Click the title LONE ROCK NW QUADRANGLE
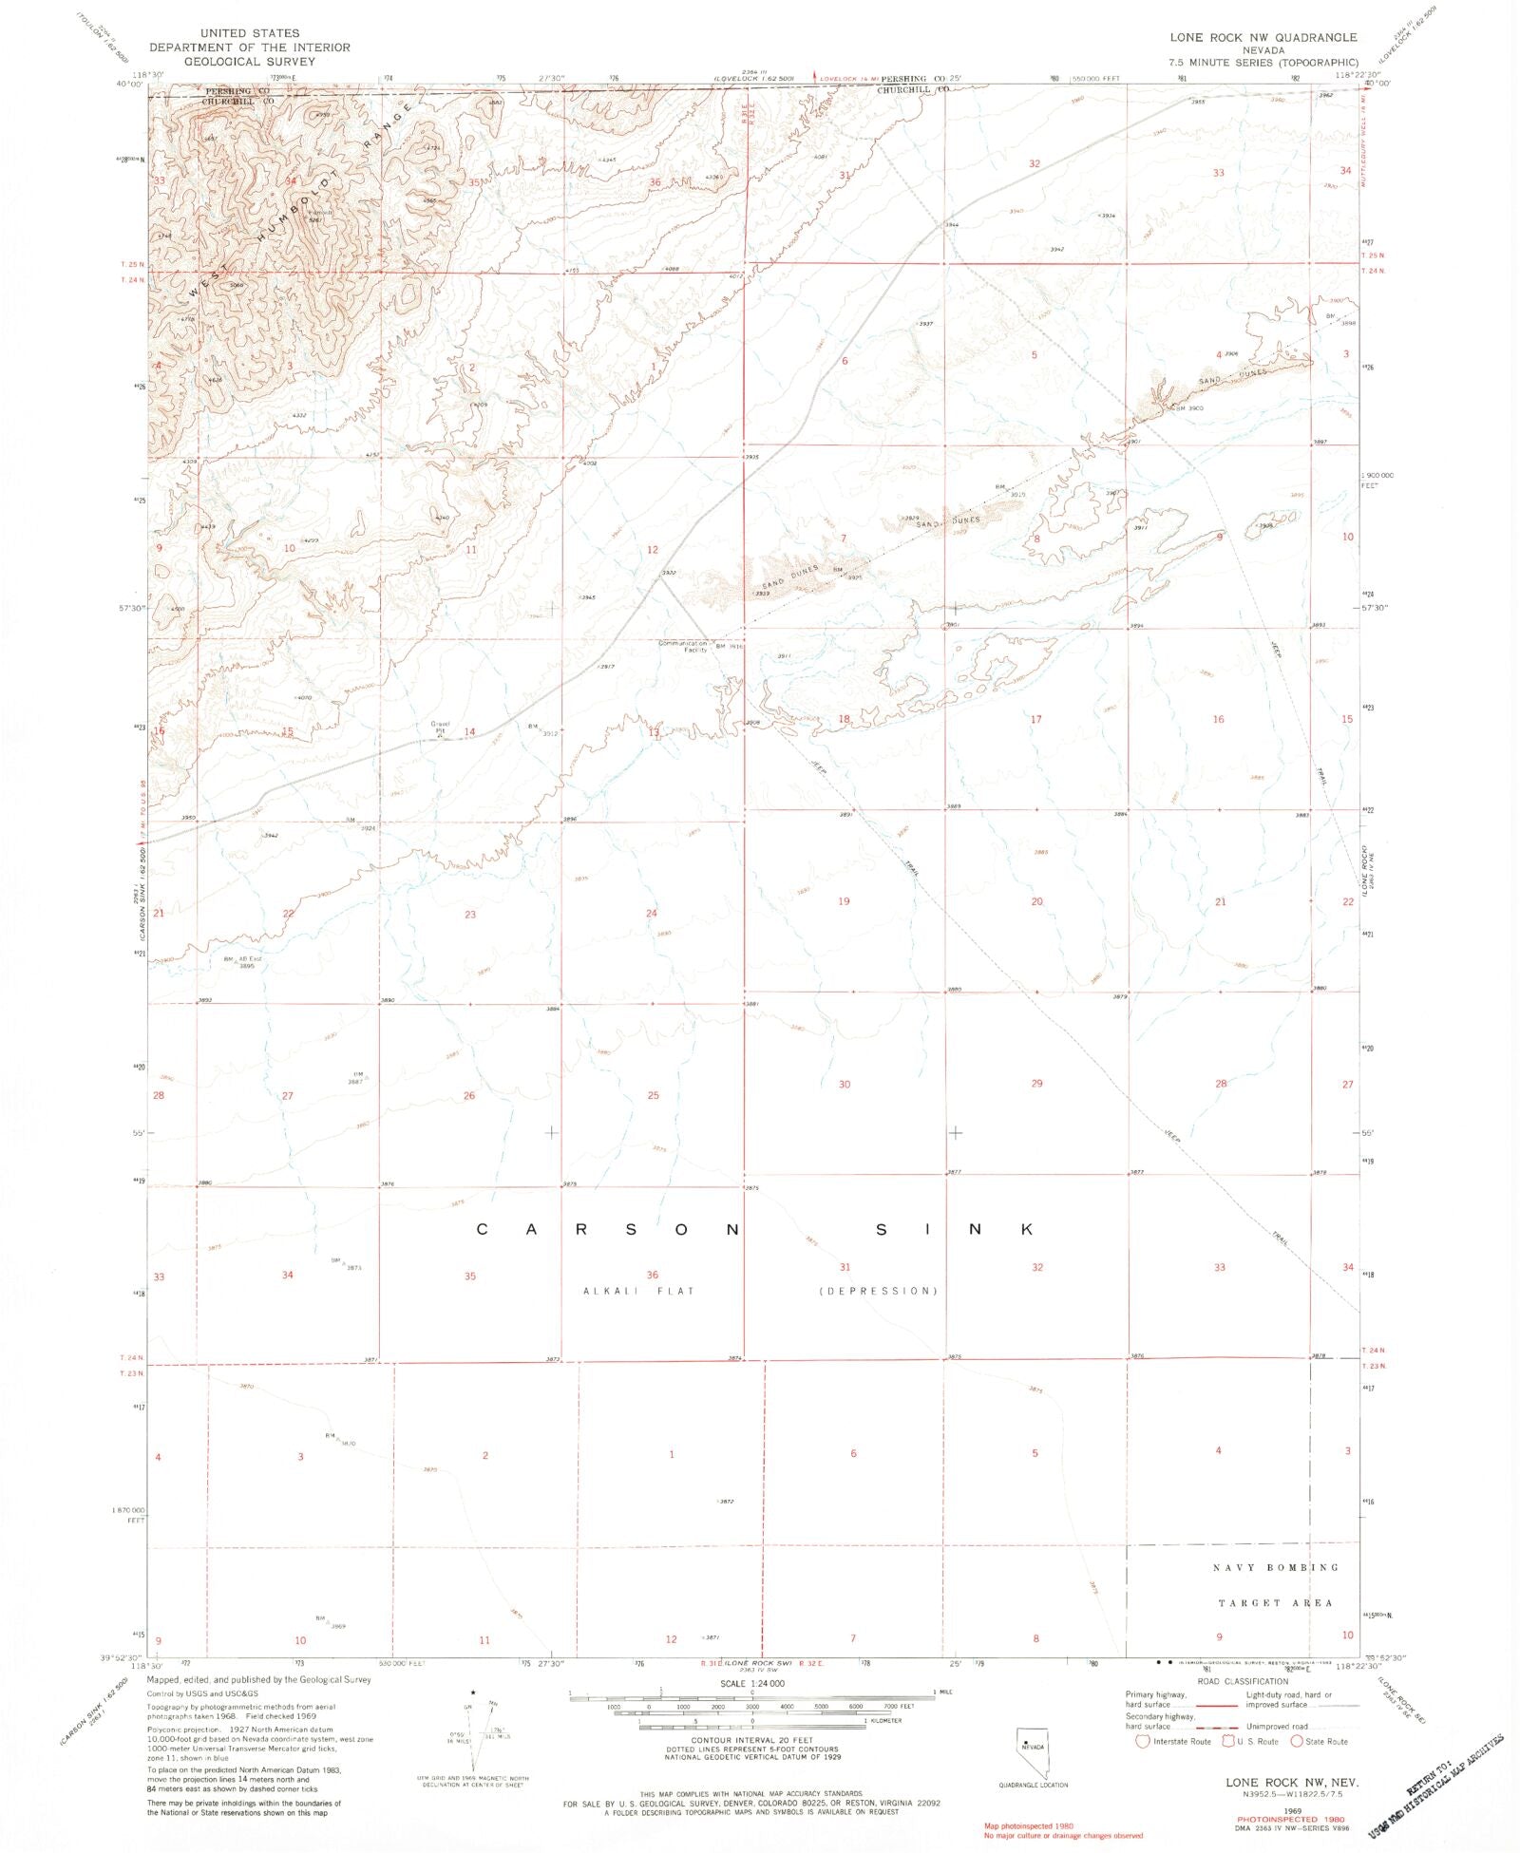(x=1263, y=37)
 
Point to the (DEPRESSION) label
(x=878, y=1291)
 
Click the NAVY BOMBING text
(x=1275, y=1567)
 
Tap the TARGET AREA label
(x=1275, y=1602)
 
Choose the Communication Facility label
(x=684, y=647)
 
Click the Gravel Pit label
(x=440, y=728)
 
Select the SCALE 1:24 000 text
(x=751, y=1683)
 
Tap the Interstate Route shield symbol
(x=1143, y=1741)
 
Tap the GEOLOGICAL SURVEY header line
(x=249, y=61)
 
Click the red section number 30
(x=845, y=1084)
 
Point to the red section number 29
(x=1036, y=1083)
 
